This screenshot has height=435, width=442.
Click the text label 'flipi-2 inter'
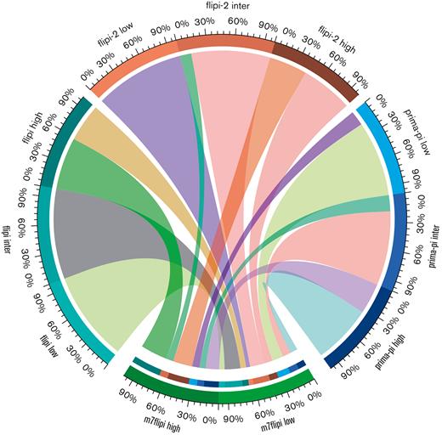219,8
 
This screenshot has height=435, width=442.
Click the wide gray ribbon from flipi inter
102,234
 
